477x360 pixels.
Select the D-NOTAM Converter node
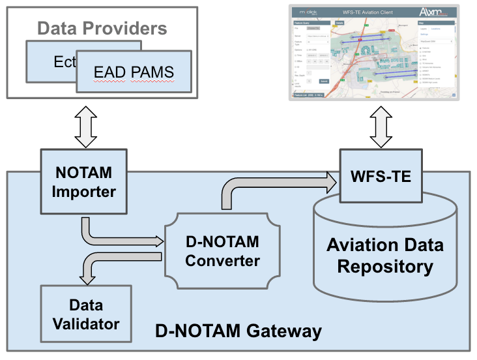[x=222, y=251]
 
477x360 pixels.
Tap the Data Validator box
[x=85, y=314]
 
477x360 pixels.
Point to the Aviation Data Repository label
[x=385, y=256]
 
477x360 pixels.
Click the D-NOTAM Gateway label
[x=238, y=331]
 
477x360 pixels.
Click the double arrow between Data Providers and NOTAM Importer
[x=85, y=127]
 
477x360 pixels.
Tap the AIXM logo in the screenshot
[x=433, y=12]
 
